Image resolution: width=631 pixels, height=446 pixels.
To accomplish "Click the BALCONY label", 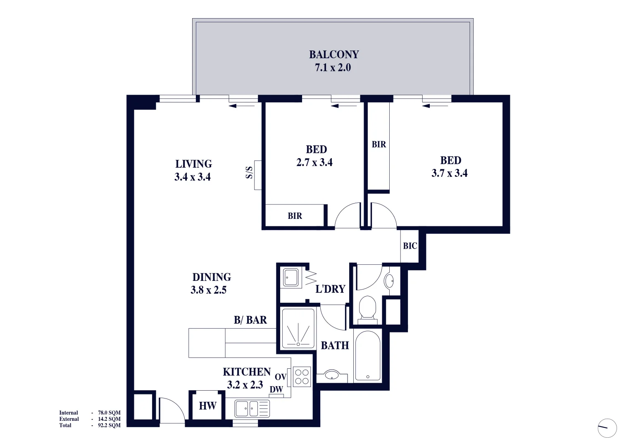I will pos(334,55).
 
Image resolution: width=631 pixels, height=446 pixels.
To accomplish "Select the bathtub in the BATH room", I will pos(367,356).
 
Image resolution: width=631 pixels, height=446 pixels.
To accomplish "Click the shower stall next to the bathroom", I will pos(298,328).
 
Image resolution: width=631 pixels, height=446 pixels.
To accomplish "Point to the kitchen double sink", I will pos(252,409).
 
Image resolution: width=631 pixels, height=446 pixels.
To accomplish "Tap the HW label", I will pos(207,406).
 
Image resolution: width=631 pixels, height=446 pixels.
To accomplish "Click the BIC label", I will pos(410,246).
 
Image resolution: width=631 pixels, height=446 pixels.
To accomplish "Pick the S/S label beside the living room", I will pos(249,173).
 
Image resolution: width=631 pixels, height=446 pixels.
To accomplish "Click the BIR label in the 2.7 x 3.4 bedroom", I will pos(295,216).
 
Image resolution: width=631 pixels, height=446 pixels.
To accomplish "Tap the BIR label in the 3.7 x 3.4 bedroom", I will pos(379,145).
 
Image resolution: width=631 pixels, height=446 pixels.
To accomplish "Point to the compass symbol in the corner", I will pos(607,428).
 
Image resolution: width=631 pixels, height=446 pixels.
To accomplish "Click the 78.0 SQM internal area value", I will pos(109,413).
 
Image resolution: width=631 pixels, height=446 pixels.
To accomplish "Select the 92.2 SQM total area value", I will pos(109,425).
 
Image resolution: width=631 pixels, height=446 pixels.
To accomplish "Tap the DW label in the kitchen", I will pos(276,389).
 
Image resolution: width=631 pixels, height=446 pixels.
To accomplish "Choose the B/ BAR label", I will pos(250,320).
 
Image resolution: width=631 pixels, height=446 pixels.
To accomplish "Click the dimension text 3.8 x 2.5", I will pos(208,290).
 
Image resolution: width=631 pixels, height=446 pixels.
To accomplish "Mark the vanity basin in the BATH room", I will pos(332,375).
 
